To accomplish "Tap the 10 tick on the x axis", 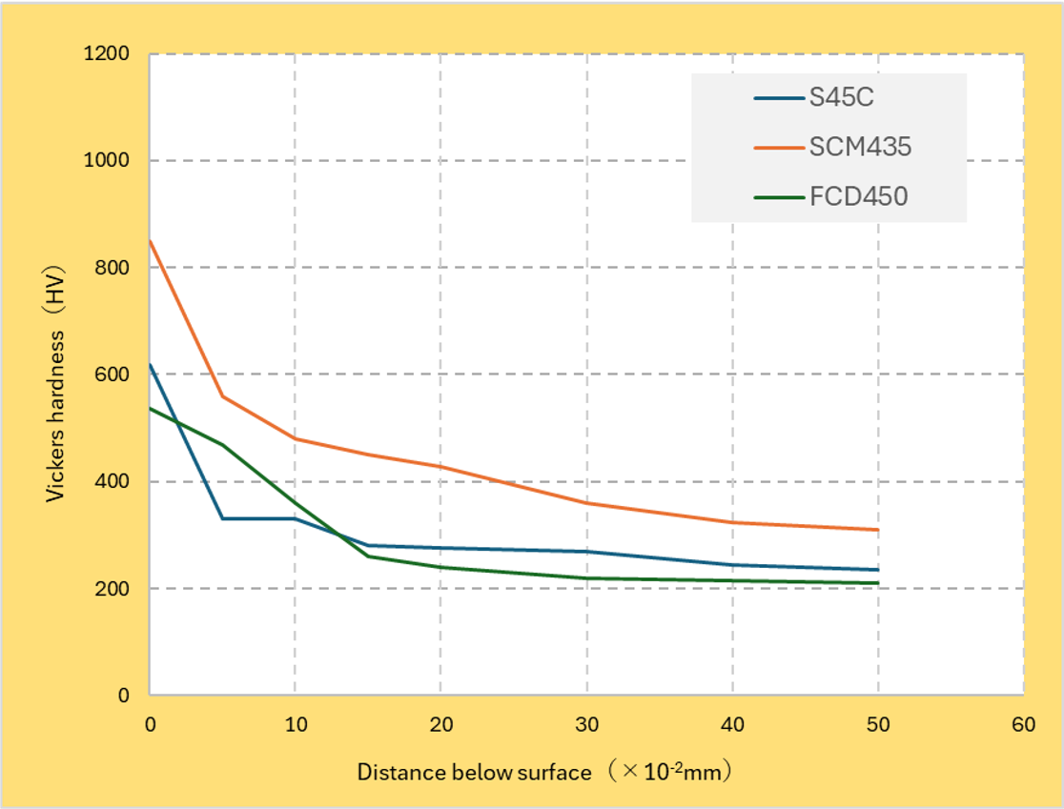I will (x=296, y=725).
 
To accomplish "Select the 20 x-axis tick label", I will (x=440, y=725).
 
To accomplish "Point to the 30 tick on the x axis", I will (x=586, y=725).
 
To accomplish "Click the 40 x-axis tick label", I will (x=732, y=725).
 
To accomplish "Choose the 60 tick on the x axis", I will (x=1023, y=725).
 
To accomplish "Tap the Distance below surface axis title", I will (x=544, y=771).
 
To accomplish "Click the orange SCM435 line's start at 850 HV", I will (x=150, y=240).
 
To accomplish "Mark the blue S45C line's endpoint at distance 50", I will (x=877, y=570).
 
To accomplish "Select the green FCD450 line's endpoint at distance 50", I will (x=877, y=583).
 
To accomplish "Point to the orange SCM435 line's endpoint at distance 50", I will (x=877, y=530).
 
